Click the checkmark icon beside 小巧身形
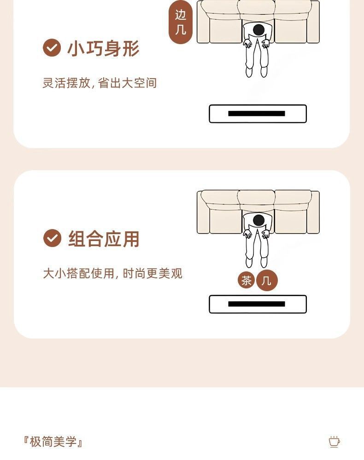[x=52, y=48]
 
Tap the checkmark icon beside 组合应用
[x=52, y=238]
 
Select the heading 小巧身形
[x=103, y=48]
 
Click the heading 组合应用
[x=104, y=239]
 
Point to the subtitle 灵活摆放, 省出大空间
[x=100, y=83]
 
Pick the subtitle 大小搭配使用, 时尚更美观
[x=112, y=274]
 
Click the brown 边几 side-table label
[x=181, y=22]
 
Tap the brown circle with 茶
[x=247, y=280]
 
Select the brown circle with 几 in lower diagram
[x=267, y=280]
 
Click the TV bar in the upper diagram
[x=258, y=114]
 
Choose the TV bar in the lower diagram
[x=258, y=304]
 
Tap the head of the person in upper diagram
[x=259, y=30]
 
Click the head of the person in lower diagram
[x=259, y=220]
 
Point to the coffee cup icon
[x=334, y=442]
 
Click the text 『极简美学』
[x=53, y=443]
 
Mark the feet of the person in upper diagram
[x=257, y=72]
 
